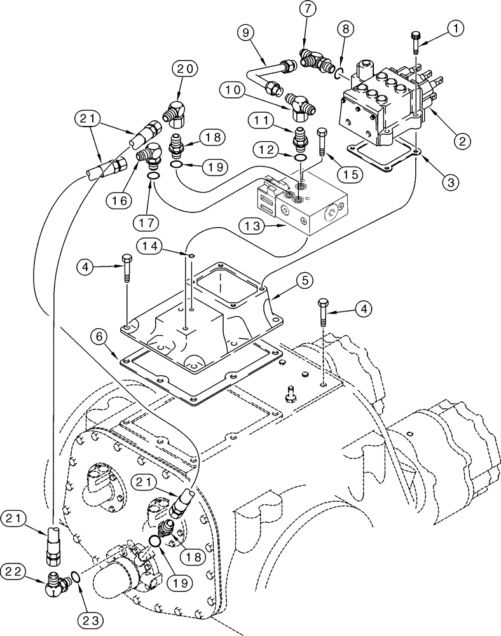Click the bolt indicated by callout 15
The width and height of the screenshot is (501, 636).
(x=321, y=143)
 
